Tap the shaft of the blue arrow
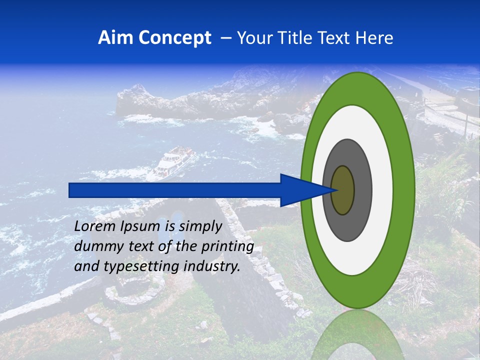coord(175,190)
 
